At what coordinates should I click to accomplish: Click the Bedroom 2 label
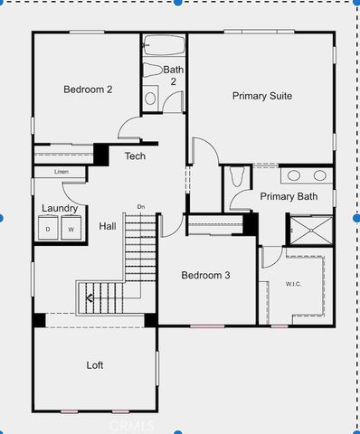[x=88, y=90]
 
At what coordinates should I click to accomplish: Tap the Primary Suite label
[x=261, y=95]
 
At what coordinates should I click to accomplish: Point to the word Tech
[x=135, y=156]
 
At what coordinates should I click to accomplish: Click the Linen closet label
[x=62, y=172]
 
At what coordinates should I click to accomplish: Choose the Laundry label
[x=60, y=209]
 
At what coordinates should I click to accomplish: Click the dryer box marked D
[x=48, y=230]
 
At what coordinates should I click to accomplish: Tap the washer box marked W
[x=71, y=230]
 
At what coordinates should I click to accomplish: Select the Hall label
[x=108, y=227]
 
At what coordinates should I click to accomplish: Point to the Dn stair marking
[x=140, y=207]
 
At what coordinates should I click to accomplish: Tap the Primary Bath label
[x=289, y=196]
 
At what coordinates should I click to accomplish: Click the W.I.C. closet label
[x=293, y=283]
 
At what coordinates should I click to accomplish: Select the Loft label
[x=95, y=365]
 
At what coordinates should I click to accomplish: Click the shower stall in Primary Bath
[x=310, y=230]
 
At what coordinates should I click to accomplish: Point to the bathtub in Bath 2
[x=164, y=44]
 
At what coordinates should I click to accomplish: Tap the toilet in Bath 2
[x=151, y=98]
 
